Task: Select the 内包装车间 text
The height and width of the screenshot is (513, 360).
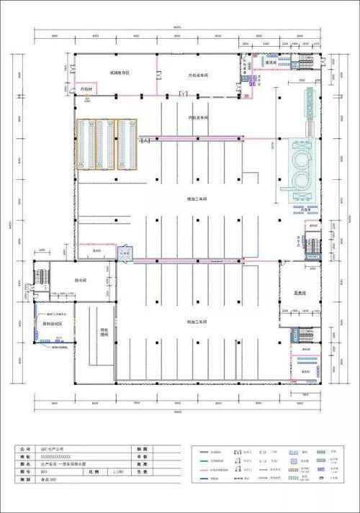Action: [x=197, y=117]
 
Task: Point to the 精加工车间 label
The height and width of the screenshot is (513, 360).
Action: [x=197, y=199]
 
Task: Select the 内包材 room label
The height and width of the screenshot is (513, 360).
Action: [x=86, y=89]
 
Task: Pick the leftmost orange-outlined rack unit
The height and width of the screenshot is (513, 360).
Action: [x=87, y=145]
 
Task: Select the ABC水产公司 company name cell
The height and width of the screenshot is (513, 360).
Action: [x=72, y=448]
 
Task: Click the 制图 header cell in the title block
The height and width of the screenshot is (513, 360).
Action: [x=136, y=448]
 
